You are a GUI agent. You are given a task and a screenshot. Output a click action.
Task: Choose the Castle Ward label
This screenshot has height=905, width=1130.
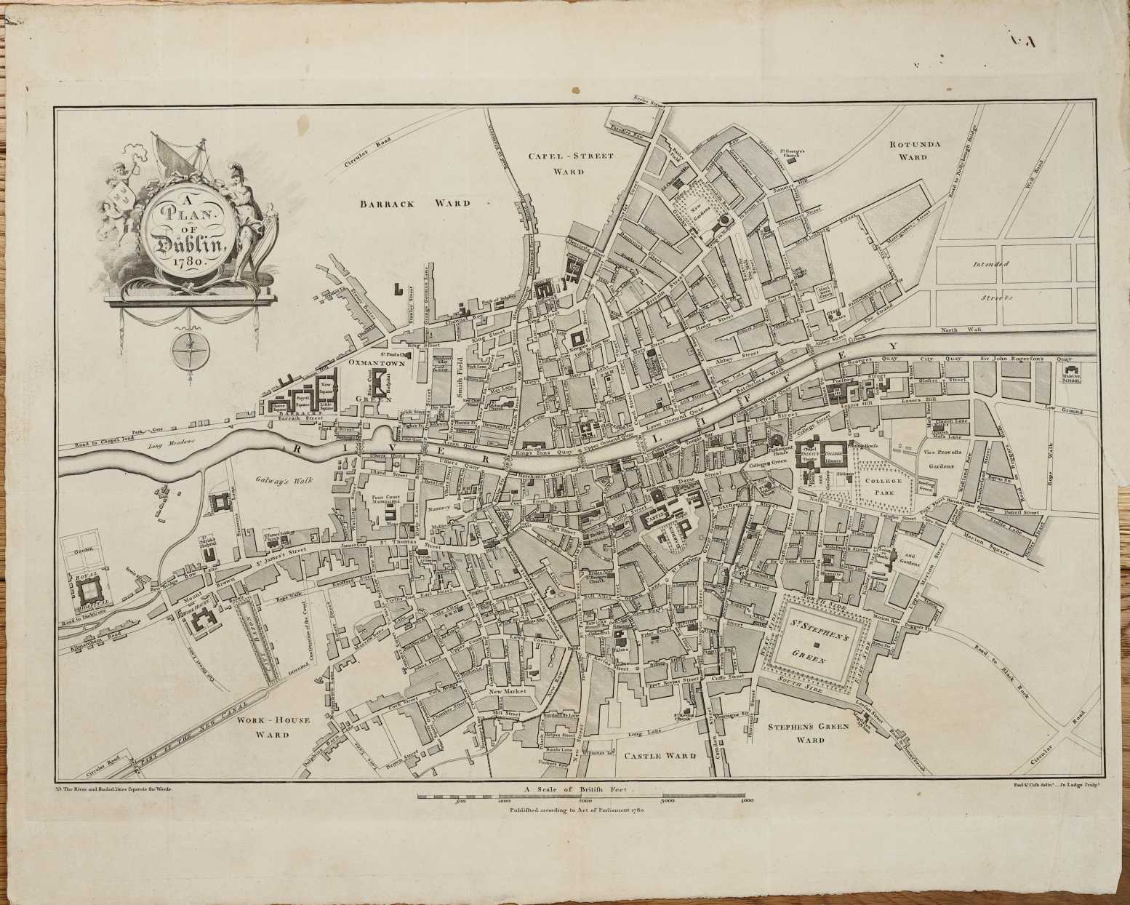tap(660, 756)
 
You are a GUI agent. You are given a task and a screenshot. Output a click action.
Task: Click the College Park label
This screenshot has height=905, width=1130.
tap(883, 486)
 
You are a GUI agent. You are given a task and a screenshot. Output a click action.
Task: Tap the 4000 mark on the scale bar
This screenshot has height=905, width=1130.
tap(742, 800)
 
